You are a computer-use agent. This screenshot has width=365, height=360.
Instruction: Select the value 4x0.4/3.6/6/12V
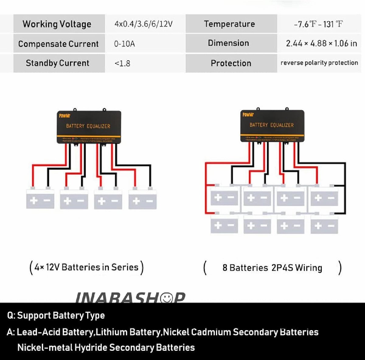point(144,24)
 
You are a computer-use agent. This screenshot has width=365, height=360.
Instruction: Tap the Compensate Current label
point(58,44)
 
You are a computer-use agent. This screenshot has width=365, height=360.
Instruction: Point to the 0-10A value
point(124,44)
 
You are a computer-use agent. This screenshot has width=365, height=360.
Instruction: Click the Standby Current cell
point(58,63)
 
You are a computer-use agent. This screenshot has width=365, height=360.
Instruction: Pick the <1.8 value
point(123,63)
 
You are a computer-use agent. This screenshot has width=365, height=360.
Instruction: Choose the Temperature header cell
point(230,24)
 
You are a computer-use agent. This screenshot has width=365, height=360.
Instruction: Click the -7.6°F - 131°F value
point(318,24)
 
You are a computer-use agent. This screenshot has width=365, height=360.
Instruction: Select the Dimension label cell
point(228,43)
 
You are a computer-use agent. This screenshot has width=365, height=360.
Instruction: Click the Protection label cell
point(231,63)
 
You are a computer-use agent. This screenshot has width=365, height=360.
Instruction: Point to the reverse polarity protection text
point(319,63)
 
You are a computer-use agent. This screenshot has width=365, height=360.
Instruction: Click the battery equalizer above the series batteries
point(89,127)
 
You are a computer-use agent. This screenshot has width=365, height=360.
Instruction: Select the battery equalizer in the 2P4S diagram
point(272,125)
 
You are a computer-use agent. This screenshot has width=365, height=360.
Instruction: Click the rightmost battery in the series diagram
point(143,199)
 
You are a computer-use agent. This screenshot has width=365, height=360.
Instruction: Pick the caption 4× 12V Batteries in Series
point(86,267)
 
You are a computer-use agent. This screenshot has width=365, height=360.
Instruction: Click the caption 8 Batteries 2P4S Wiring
point(272,268)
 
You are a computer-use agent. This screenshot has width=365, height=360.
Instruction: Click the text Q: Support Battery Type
point(56,316)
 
